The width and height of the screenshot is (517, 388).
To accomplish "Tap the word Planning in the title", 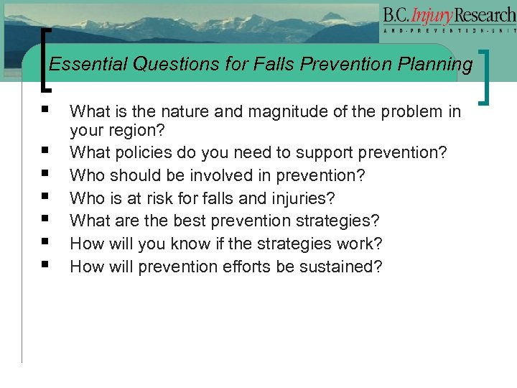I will [x=439, y=65].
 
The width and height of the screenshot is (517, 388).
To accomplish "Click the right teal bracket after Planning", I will [x=490, y=75].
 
